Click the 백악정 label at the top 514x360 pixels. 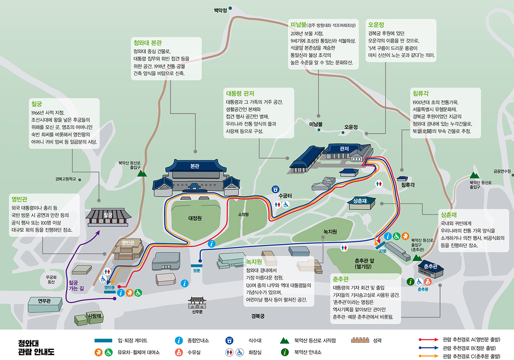220,10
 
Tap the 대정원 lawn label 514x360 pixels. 195,218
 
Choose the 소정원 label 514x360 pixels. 243,214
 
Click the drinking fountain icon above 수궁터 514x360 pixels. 276,189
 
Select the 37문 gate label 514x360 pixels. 382,251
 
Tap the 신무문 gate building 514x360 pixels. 197,303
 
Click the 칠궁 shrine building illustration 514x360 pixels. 108,216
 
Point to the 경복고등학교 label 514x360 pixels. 66,179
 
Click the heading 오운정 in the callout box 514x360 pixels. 376,25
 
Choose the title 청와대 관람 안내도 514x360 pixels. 36,347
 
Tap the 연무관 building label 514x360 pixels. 44,301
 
